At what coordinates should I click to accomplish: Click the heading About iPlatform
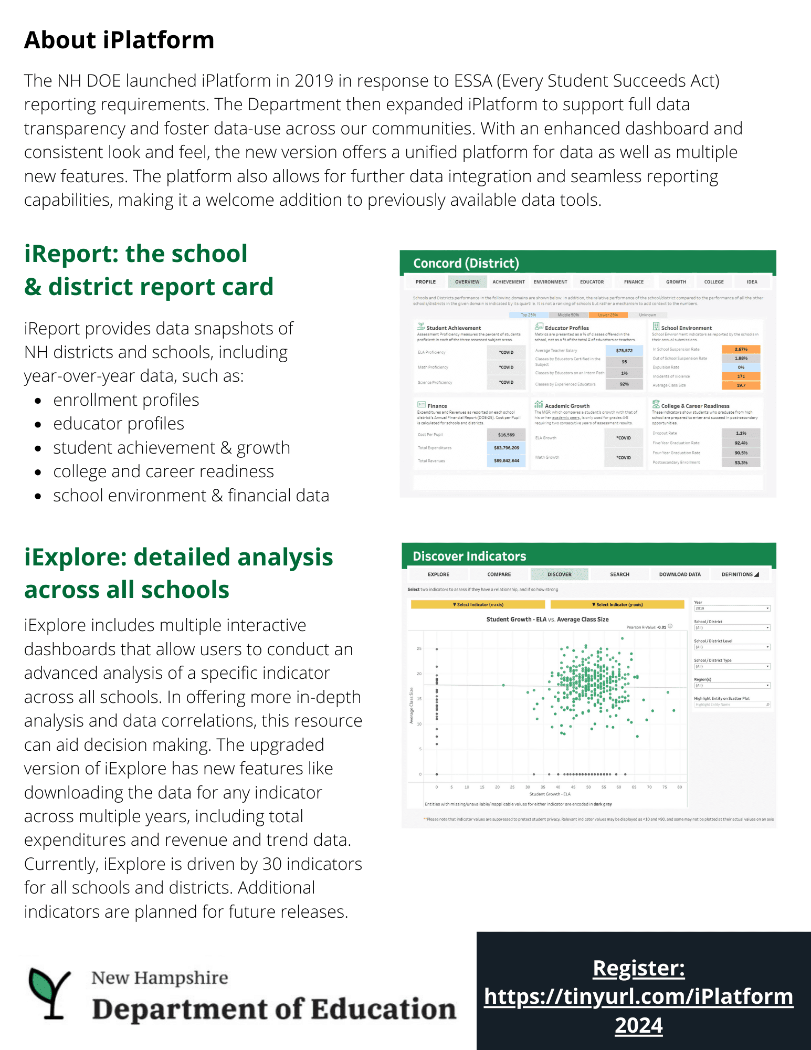(119, 40)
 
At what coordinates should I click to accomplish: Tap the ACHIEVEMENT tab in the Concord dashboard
(508, 282)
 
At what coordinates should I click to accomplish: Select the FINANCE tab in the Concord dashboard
(634, 282)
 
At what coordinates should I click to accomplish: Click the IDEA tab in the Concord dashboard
(752, 282)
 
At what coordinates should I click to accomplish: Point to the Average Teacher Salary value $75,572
(624, 351)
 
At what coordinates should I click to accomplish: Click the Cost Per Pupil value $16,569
(506, 435)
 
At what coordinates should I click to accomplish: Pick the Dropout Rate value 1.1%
(741, 433)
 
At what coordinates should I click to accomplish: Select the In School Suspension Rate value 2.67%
(741, 349)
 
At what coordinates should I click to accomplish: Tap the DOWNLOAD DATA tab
(679, 574)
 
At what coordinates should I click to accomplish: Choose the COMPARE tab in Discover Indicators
(499, 574)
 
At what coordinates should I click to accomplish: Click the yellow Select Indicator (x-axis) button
(478, 605)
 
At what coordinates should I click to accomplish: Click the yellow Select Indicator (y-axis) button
(617, 605)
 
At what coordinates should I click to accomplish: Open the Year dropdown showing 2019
(732, 608)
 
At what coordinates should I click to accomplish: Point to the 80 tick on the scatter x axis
(679, 787)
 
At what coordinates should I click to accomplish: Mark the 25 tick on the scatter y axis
(419, 649)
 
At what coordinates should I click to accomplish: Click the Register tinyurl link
(638, 996)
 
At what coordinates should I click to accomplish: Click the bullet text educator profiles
(119, 424)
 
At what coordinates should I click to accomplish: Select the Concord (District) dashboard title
(466, 263)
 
